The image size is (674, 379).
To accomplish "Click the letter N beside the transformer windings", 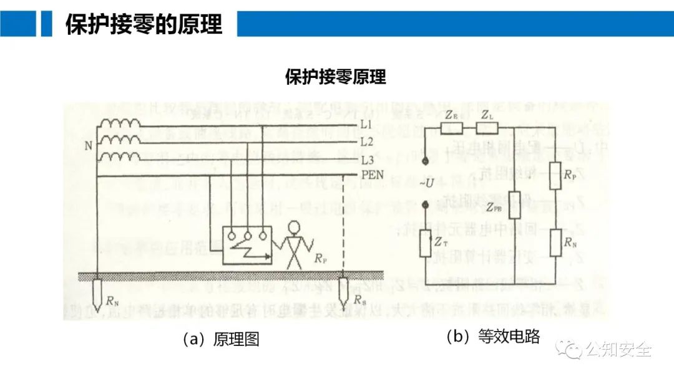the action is pyautogui.click(x=87, y=147).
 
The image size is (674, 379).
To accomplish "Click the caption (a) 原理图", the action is pyautogui.click(x=220, y=340).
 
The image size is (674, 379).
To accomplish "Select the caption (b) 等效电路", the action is pyautogui.click(x=492, y=337).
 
